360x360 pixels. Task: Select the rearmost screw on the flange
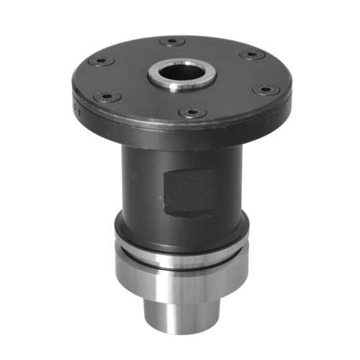point(171,42)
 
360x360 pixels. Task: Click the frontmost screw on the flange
point(192,112)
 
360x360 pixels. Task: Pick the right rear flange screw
point(251,55)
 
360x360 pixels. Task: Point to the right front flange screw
point(266,90)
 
